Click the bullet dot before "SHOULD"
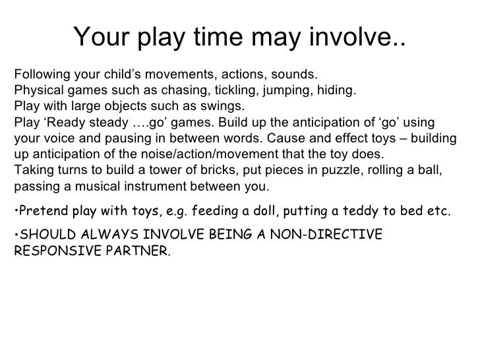click(x=15, y=236)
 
